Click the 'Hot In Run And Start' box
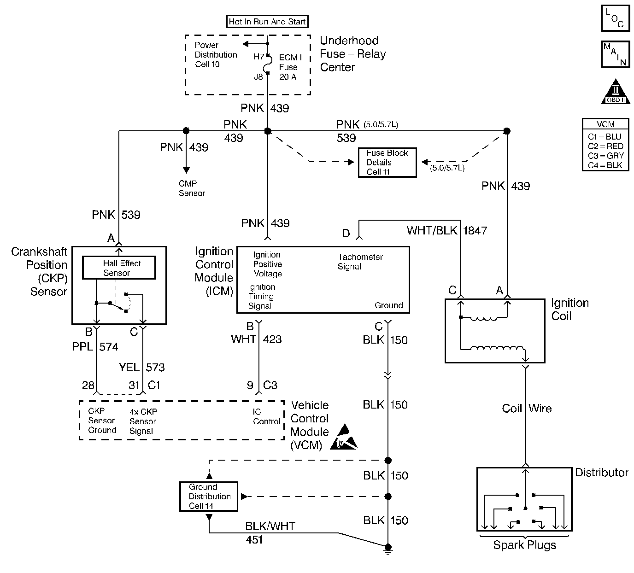pos(267,21)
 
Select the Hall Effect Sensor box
pos(119,268)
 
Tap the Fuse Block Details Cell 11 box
pos(387,163)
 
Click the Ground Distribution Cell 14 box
pos(209,497)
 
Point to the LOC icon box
pos(615,18)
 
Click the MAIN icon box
pos(615,54)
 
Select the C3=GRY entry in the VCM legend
pos(605,156)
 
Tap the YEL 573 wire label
pos(141,367)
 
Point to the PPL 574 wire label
pos(95,346)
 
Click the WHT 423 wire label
pos(256,339)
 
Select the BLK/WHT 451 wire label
pos(270,532)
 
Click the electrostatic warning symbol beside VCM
pos(346,438)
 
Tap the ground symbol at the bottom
pos(388,549)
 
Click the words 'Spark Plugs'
pos(524,545)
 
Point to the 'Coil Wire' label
pos(526,409)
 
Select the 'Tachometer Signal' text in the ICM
pos(360,262)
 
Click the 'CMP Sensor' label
pos(192,188)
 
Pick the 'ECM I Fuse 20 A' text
pos(290,67)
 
